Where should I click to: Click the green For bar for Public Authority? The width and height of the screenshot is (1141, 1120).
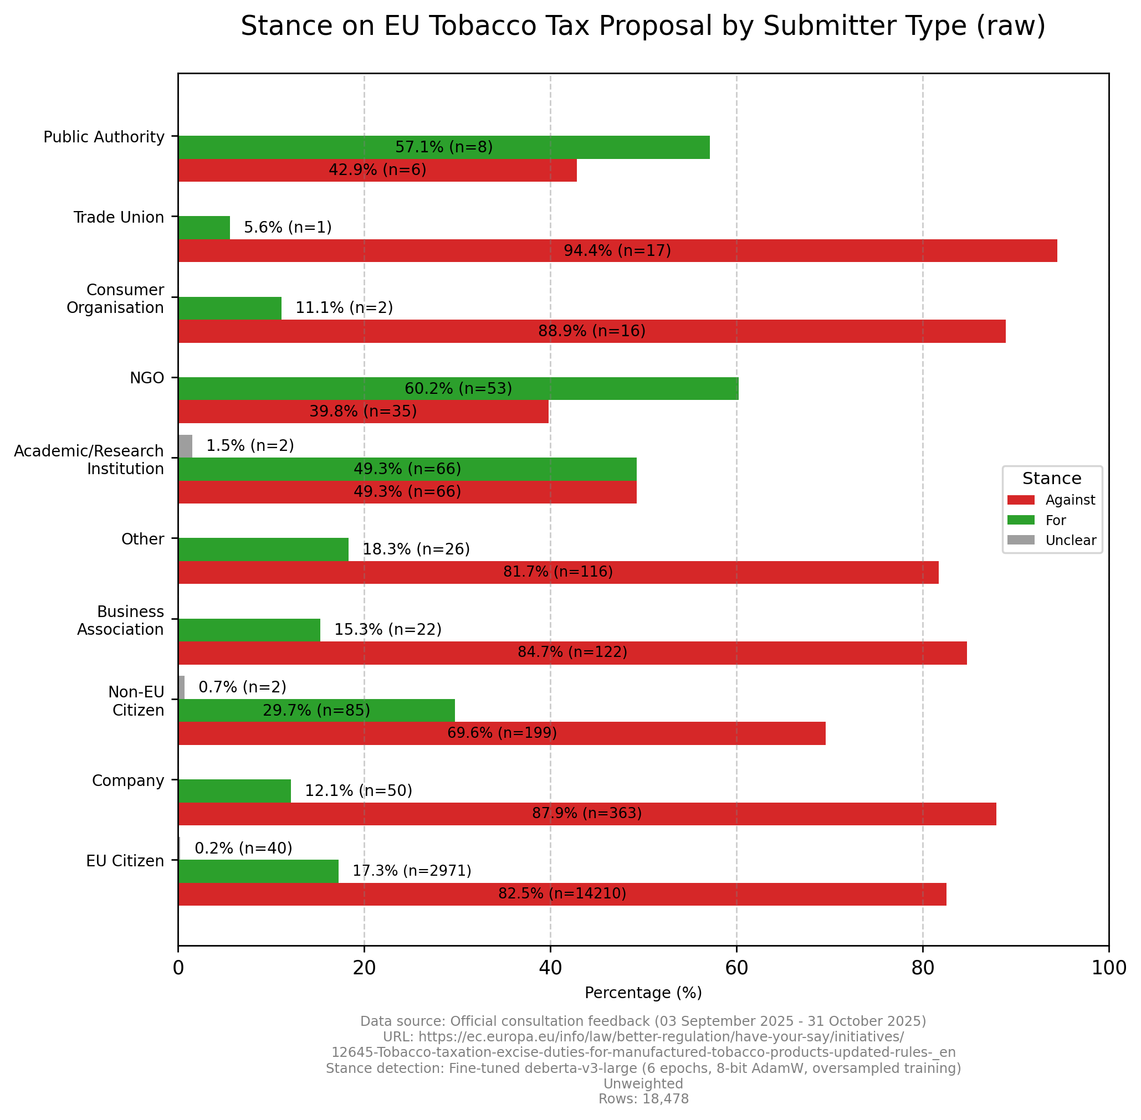(443, 147)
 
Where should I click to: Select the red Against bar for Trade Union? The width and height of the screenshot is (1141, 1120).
(617, 250)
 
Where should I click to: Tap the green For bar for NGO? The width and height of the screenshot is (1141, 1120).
(458, 388)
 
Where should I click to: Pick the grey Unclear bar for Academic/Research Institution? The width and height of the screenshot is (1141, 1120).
(185, 446)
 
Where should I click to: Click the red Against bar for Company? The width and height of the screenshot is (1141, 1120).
(587, 814)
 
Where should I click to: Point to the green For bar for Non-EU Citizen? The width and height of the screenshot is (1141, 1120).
(316, 710)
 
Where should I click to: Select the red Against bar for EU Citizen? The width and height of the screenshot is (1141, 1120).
(562, 893)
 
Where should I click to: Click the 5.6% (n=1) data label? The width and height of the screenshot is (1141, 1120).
(288, 228)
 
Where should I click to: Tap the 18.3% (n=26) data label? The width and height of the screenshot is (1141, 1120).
(416, 549)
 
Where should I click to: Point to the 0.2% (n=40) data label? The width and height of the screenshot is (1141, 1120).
(243, 847)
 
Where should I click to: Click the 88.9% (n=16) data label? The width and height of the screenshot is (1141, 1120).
(591, 331)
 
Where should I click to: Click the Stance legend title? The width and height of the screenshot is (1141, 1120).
(1052, 478)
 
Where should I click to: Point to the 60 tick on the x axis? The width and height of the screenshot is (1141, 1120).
(736, 968)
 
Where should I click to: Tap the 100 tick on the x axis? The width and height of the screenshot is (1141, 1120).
(1108, 968)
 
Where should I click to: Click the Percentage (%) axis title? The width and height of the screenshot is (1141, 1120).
(643, 993)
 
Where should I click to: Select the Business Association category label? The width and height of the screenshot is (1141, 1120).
(120, 620)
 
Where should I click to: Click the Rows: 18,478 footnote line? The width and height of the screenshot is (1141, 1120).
(643, 1099)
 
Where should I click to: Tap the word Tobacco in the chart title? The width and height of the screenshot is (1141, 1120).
(448, 27)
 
